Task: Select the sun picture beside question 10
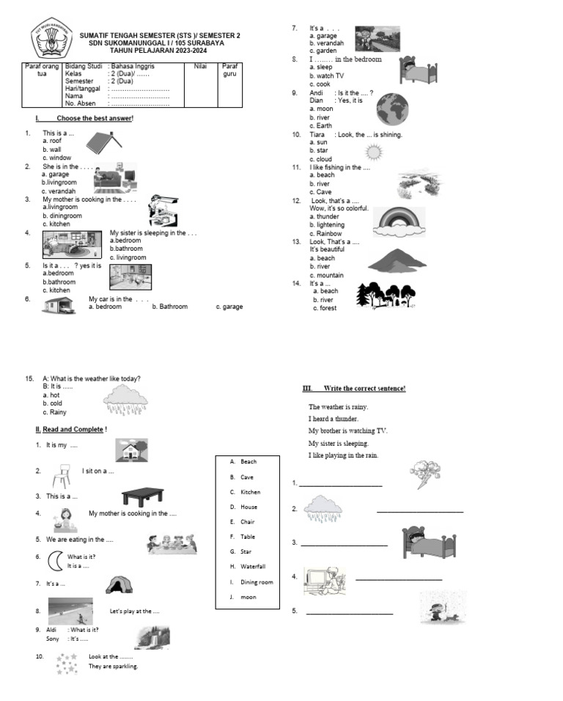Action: (x=374, y=152)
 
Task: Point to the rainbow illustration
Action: (x=399, y=220)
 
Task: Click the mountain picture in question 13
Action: (x=397, y=260)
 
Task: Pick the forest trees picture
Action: (x=386, y=296)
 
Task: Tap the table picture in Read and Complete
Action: (x=142, y=496)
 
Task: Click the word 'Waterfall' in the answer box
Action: (x=252, y=567)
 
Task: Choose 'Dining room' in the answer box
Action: (x=257, y=582)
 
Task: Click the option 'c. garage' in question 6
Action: (x=229, y=307)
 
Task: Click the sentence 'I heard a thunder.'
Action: (x=334, y=419)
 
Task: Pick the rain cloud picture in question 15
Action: (x=125, y=400)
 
